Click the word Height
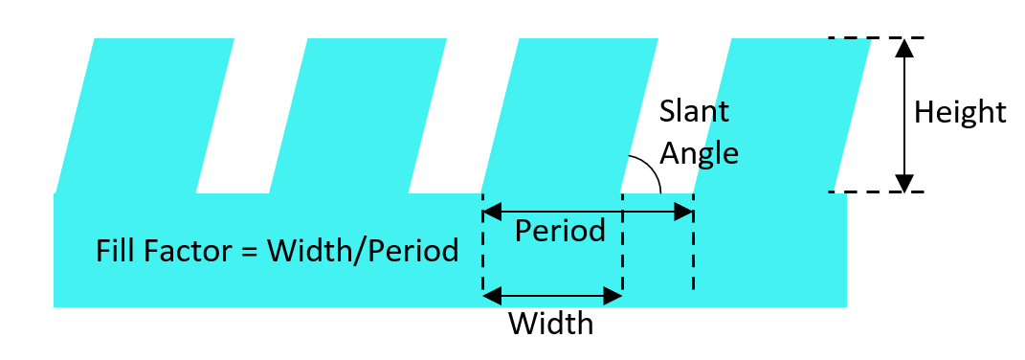tap(959, 113)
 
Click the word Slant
tap(694, 111)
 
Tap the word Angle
tap(700, 154)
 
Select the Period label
tap(560, 231)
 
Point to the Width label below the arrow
tap(551, 324)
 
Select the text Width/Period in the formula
tap(363, 252)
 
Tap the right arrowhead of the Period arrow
tap(683, 212)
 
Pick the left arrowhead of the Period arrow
tap(492, 212)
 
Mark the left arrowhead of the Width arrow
tap(492, 296)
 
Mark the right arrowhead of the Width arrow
tap(613, 296)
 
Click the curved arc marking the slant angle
tap(651, 169)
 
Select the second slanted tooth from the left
tap(358, 116)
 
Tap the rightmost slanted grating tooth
tap(782, 116)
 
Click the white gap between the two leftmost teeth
tap(252, 116)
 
